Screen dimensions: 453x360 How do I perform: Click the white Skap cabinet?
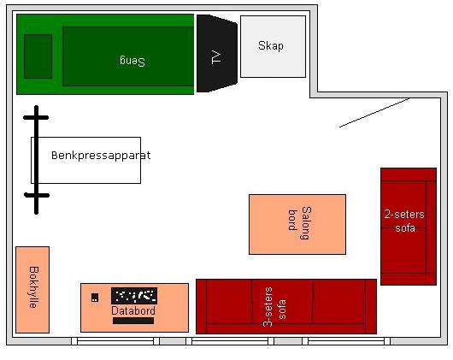point(273,46)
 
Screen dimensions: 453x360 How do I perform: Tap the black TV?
point(217,54)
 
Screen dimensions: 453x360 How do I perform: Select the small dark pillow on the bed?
point(38,56)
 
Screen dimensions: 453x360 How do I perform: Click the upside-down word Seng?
point(132,61)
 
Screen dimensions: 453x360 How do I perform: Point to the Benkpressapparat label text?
point(101,156)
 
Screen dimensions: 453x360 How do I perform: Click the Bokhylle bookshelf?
point(32,290)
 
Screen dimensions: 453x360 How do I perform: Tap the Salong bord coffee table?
point(297,225)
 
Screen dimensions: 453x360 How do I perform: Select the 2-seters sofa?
point(409,227)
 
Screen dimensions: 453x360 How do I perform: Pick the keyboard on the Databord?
point(134,296)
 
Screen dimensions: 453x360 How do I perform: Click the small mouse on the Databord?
point(95,298)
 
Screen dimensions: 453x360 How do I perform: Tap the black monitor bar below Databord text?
point(133,321)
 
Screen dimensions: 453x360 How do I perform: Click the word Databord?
point(133,311)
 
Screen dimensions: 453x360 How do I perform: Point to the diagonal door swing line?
point(374,113)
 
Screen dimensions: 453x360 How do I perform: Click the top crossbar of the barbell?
point(36,118)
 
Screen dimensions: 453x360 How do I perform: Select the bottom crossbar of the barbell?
point(37,195)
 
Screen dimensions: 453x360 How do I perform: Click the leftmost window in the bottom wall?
point(115,341)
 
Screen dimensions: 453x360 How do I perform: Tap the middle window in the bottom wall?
point(230,341)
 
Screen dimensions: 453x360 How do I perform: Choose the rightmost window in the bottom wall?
point(346,341)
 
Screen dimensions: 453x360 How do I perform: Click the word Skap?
point(271,45)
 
